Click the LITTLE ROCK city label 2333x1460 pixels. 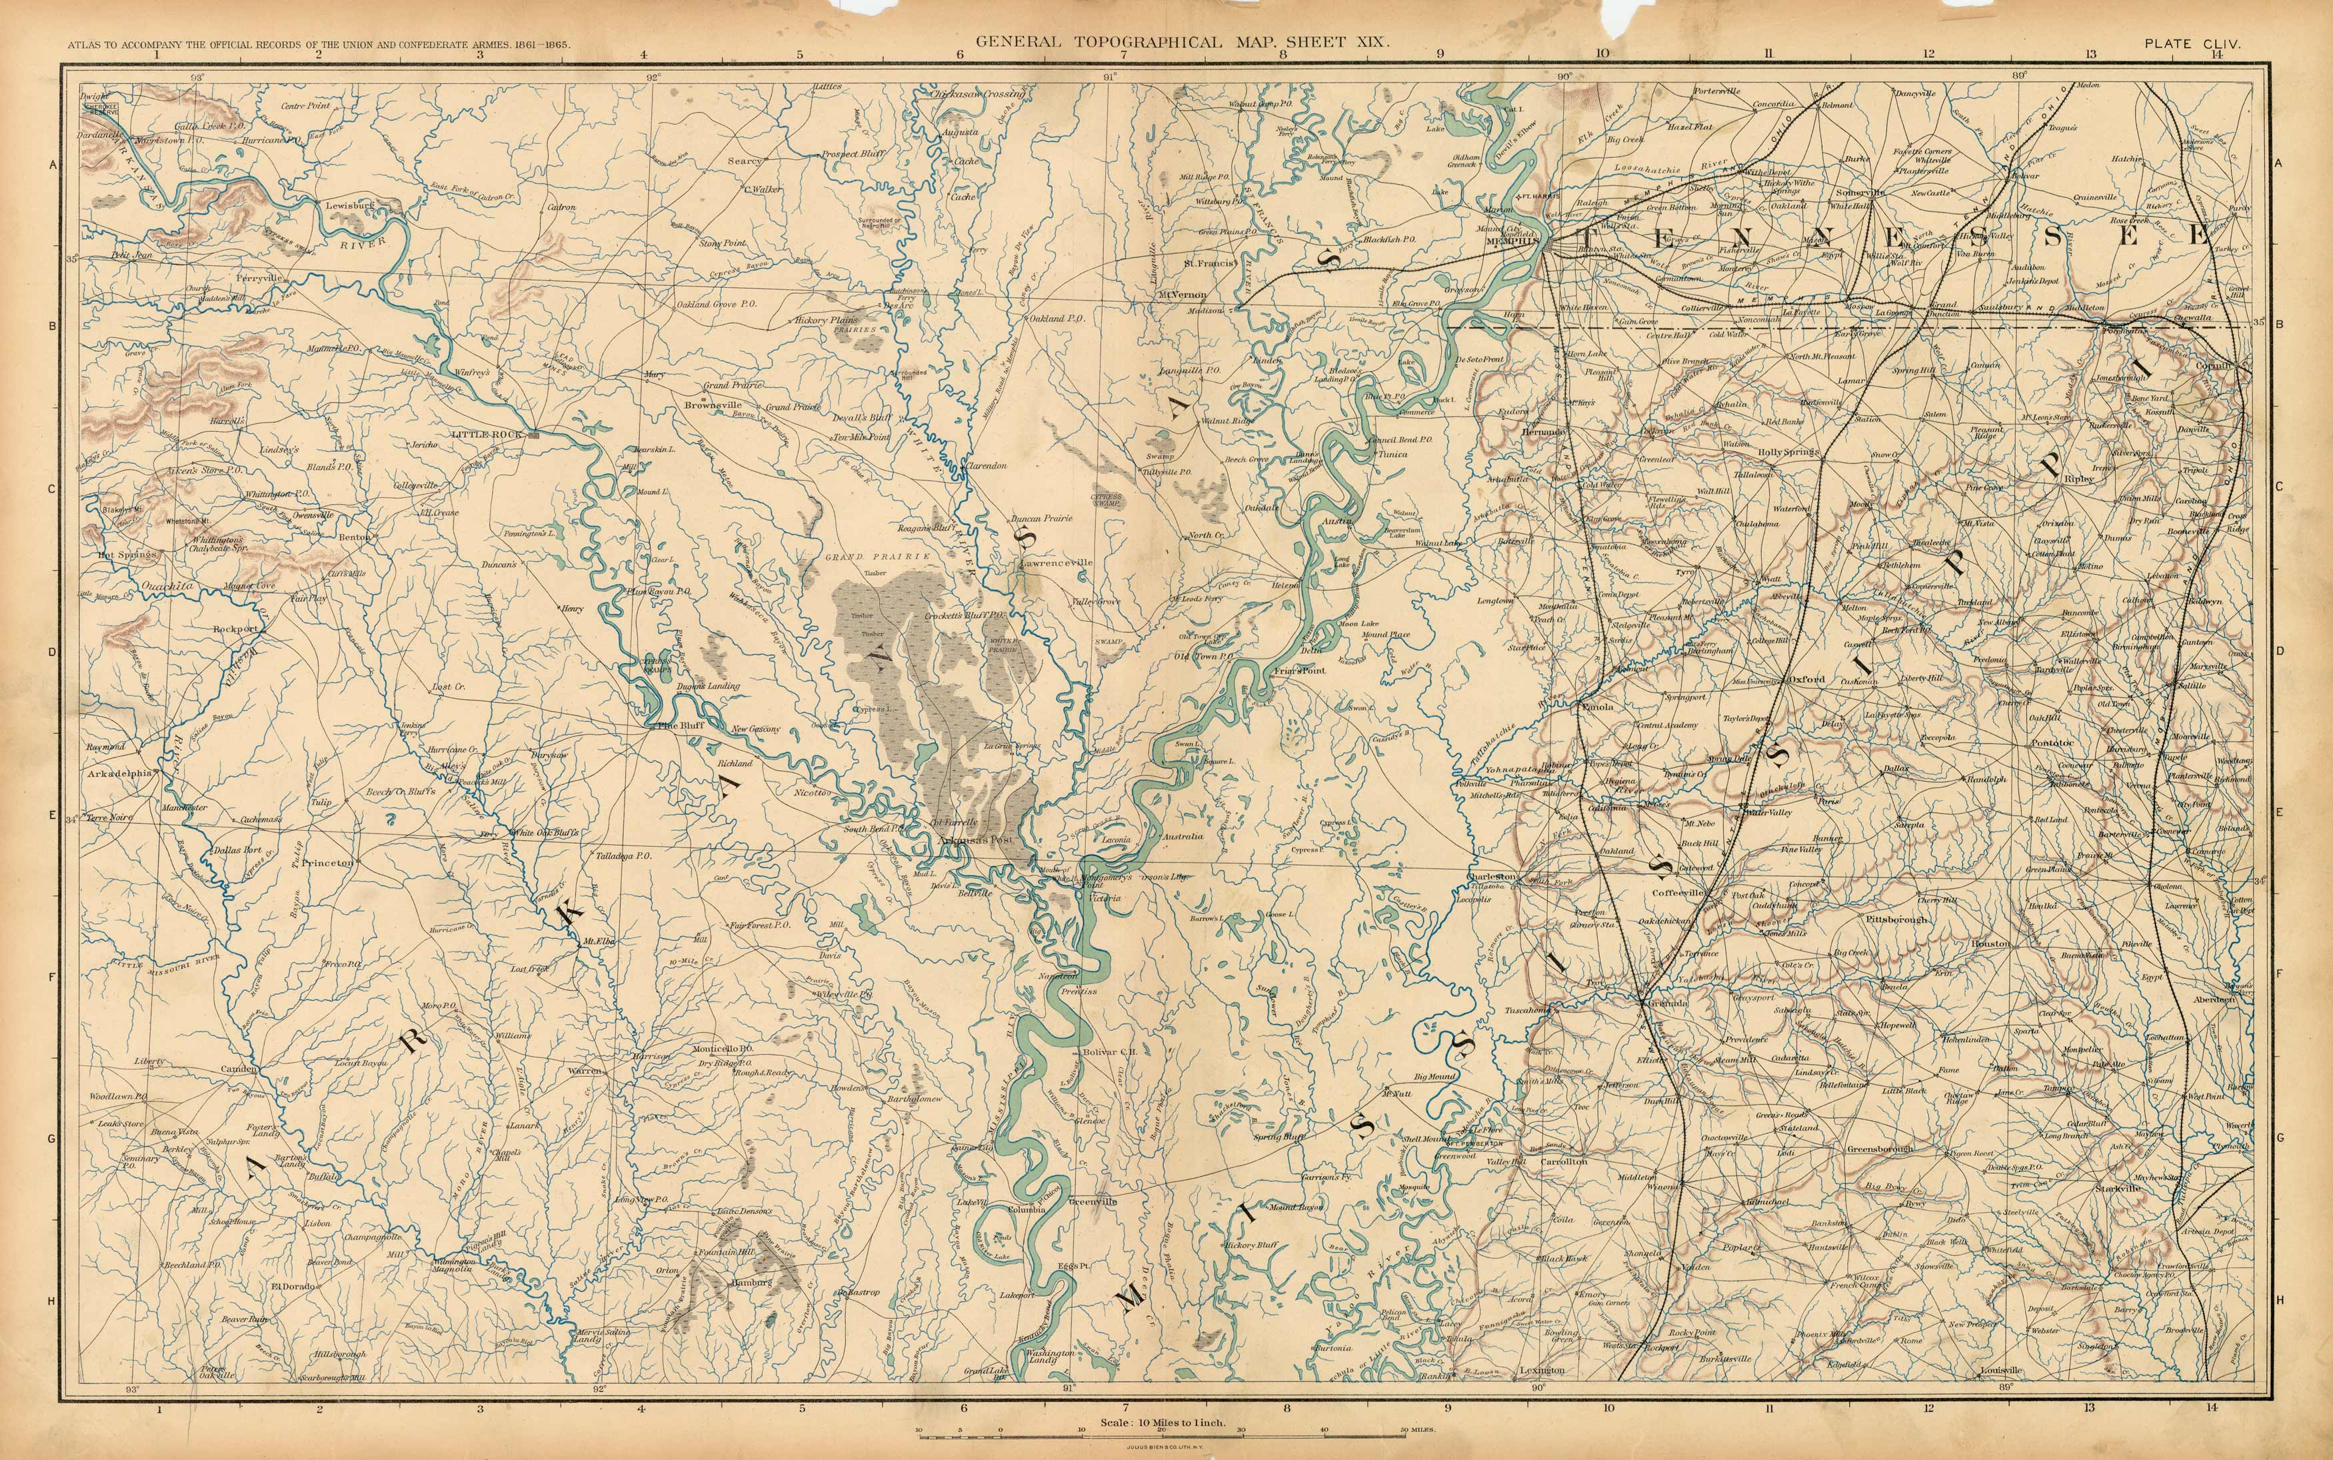click(x=493, y=434)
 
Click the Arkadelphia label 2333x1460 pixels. click(x=120, y=774)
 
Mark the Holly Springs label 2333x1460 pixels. click(x=1787, y=452)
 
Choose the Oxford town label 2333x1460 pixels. click(x=1806, y=680)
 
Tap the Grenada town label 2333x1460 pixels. click(x=1665, y=1004)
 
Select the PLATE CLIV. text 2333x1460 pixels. click(x=2191, y=43)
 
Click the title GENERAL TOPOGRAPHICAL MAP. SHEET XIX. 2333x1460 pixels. click(x=1182, y=43)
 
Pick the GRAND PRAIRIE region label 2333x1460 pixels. click(x=877, y=557)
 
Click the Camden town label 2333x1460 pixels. click(x=237, y=1070)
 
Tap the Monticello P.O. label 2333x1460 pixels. click(x=723, y=1049)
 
